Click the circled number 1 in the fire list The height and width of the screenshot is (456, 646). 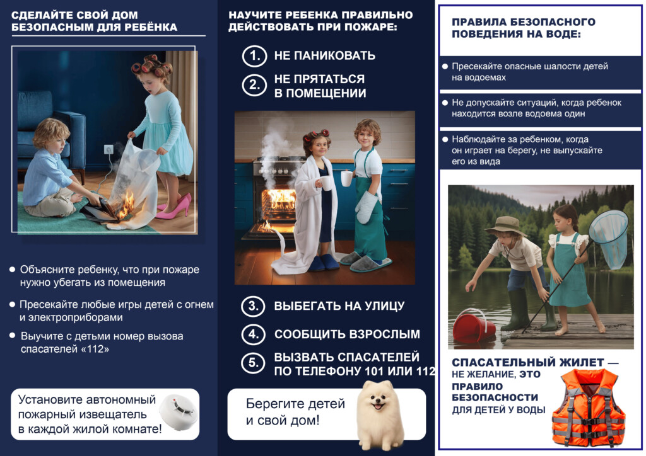(x=254, y=55)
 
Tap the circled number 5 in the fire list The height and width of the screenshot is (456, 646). (x=254, y=363)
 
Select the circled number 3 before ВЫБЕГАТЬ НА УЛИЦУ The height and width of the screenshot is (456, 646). (x=254, y=307)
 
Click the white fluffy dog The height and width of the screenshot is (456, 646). (x=380, y=413)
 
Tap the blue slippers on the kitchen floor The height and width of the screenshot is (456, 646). (x=326, y=263)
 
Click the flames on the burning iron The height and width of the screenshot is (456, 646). (x=126, y=205)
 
